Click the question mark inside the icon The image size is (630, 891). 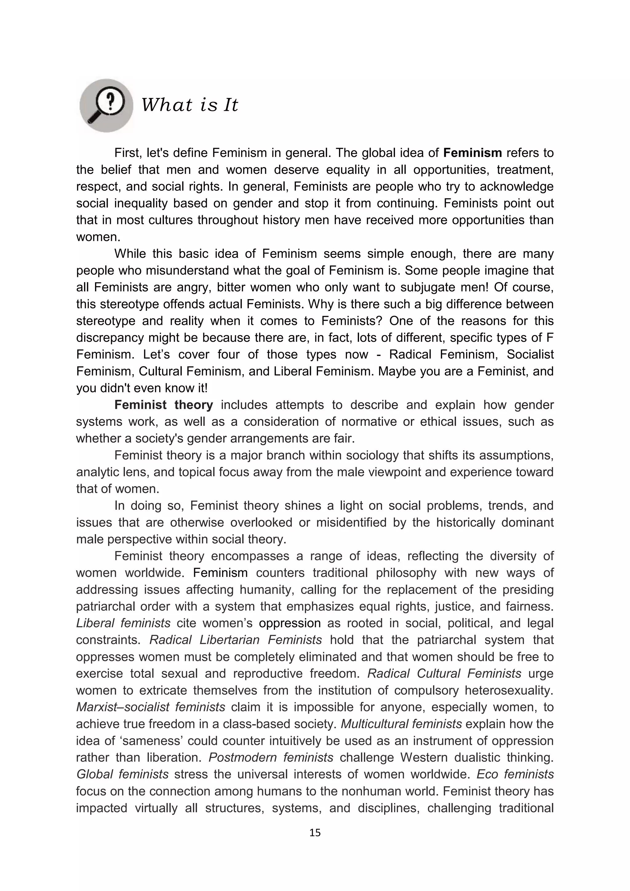click(x=111, y=100)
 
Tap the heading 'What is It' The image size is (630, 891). click(x=189, y=105)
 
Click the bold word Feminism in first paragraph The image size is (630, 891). click(x=472, y=153)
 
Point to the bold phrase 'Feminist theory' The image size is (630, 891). click(x=163, y=405)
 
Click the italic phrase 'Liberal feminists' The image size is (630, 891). click(x=123, y=623)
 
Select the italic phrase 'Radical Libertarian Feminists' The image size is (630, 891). click(x=235, y=640)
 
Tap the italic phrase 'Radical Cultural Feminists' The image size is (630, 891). click(x=444, y=673)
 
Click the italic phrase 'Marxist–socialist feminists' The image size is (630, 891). click(x=150, y=707)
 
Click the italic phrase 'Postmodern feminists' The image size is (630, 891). click(x=271, y=757)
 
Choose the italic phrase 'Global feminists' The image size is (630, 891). click(x=122, y=774)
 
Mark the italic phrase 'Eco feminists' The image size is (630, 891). click(x=515, y=774)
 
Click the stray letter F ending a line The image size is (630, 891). click(x=550, y=338)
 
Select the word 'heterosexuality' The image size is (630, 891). click(x=508, y=690)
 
